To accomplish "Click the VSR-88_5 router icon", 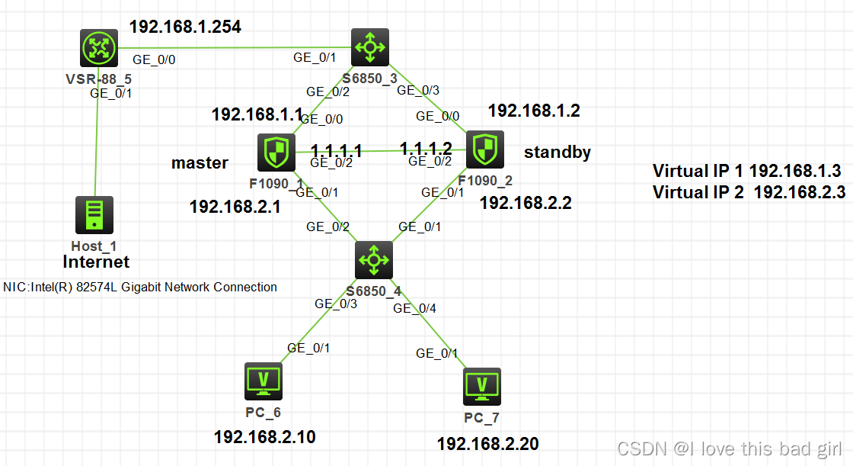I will pyautogui.click(x=99, y=48).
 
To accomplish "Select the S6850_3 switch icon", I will pyautogui.click(x=370, y=47).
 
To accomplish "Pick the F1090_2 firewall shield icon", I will pyautogui.click(x=483, y=150).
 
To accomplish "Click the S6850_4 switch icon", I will pyautogui.click(x=373, y=260).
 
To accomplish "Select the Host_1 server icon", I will pyautogui.click(x=94, y=215).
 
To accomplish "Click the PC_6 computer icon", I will pyautogui.click(x=264, y=381).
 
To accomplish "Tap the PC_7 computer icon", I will pyautogui.click(x=482, y=387).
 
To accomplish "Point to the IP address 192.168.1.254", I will pyautogui.click(x=185, y=27).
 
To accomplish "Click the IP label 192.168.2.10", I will pyautogui.click(x=264, y=437).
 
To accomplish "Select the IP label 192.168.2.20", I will pyautogui.click(x=487, y=443).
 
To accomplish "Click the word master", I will pyautogui.click(x=200, y=162).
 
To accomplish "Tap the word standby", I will pyautogui.click(x=557, y=153).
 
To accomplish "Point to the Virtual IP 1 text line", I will pyautogui.click(x=746, y=170).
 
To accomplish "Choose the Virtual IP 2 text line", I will pyautogui.click(x=749, y=192).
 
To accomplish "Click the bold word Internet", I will pyautogui.click(x=96, y=262).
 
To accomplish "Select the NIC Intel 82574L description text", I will pyautogui.click(x=140, y=287).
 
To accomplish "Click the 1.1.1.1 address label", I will pyautogui.click(x=337, y=149).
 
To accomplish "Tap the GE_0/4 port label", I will pyautogui.click(x=415, y=308).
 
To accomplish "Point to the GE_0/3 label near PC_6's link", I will pyautogui.click(x=336, y=304).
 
